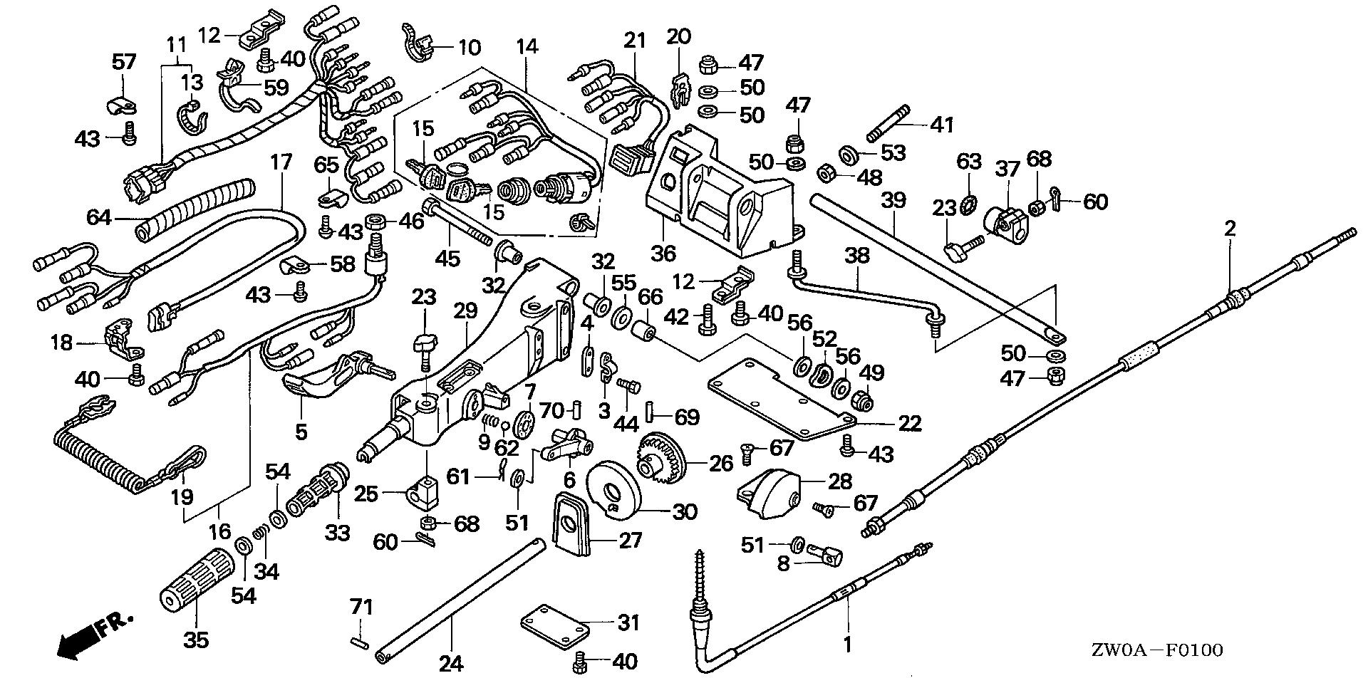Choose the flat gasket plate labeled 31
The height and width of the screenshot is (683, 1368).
[x=556, y=625]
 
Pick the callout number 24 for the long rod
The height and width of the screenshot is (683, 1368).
[x=451, y=664]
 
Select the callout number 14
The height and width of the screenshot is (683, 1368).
[x=527, y=47]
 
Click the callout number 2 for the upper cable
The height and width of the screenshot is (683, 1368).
[x=1230, y=229]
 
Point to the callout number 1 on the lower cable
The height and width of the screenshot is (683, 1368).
[x=847, y=645]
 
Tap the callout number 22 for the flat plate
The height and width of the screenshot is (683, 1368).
[x=909, y=424]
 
